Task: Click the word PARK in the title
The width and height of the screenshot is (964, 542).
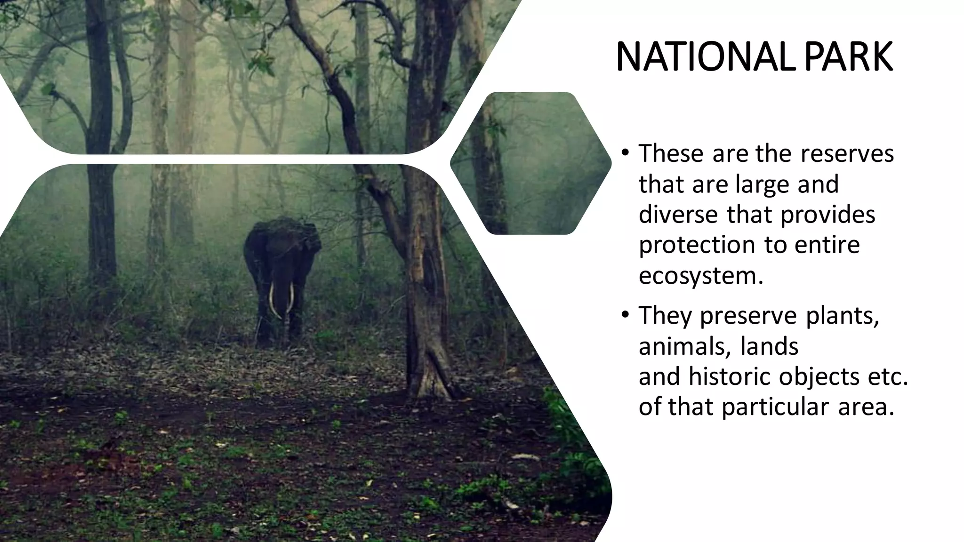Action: click(848, 57)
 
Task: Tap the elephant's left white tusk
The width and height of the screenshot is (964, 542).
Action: click(272, 299)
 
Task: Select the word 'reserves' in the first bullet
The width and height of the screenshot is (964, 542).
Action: click(847, 153)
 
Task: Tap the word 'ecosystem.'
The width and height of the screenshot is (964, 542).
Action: click(700, 276)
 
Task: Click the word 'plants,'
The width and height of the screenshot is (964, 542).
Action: click(843, 316)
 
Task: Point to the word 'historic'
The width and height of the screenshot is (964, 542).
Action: click(729, 376)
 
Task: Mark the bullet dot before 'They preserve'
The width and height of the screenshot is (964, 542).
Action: click(625, 315)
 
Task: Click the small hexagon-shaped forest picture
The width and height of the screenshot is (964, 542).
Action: click(530, 163)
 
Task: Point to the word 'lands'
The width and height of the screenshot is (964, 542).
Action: click(770, 346)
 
